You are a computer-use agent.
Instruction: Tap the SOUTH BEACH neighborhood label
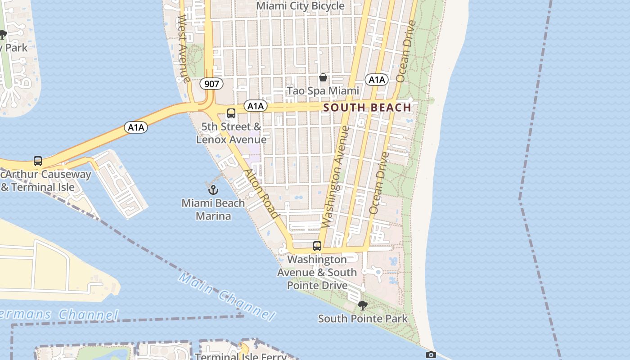(367, 108)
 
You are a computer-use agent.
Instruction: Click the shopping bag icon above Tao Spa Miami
(323, 77)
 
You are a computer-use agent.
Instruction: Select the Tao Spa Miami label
(323, 91)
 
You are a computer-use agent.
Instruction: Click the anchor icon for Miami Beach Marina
(214, 190)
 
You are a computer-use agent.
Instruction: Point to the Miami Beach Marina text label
(213, 209)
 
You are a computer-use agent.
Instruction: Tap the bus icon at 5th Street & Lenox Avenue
(231, 113)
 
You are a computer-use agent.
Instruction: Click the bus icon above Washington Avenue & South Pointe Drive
(317, 246)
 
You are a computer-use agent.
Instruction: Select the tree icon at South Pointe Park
(362, 306)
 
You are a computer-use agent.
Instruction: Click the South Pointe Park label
(363, 319)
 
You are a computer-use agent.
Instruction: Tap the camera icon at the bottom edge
(431, 355)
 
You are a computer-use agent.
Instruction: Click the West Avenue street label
(183, 43)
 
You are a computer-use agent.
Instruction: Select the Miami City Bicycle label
(300, 6)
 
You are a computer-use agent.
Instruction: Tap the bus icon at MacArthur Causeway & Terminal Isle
(38, 161)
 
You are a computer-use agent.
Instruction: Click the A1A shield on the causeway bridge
(136, 127)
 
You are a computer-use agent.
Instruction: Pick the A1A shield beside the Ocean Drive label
(377, 80)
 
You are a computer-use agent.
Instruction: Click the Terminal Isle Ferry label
(241, 356)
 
